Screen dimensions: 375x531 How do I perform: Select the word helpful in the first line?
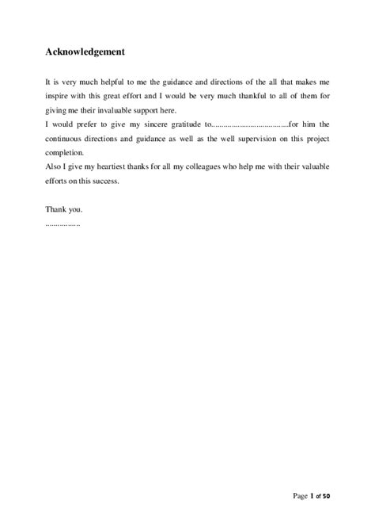pyautogui.click(x=111, y=82)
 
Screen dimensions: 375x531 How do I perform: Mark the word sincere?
pyautogui.click(x=150, y=124)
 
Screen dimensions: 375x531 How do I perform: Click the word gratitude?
pyautogui.click(x=187, y=124)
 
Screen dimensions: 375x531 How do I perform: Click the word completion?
pyautogui.click(x=63, y=151)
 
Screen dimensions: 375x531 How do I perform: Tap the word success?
pyautogui.click(x=104, y=180)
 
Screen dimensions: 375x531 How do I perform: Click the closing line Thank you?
pyautogui.click(x=64, y=210)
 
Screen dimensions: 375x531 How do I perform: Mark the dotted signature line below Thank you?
pyautogui.click(x=63, y=223)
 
